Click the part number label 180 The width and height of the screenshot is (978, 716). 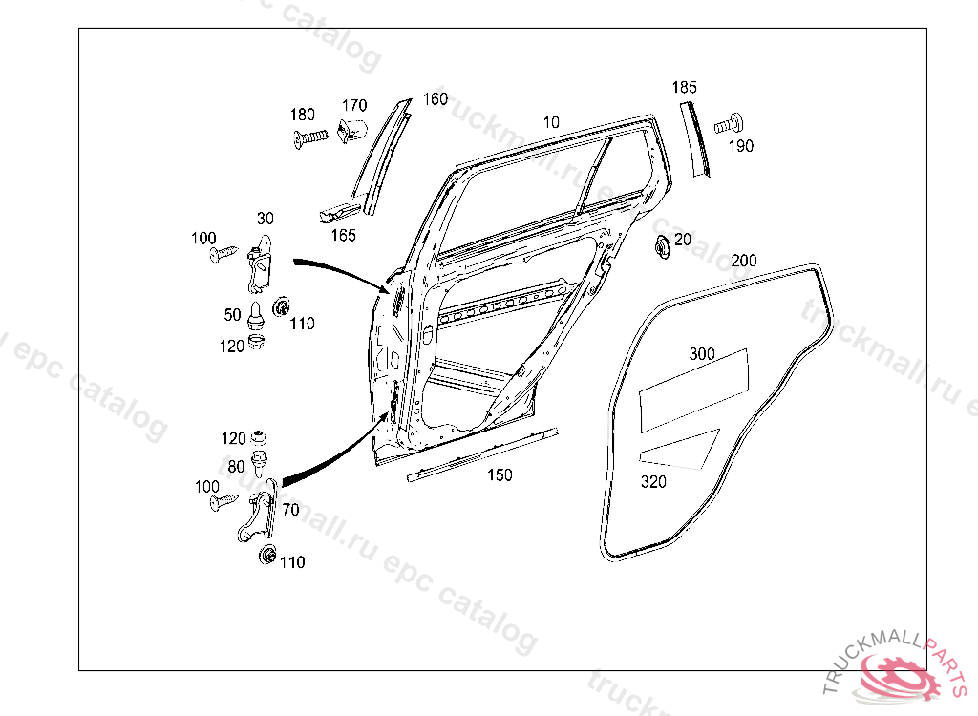(x=303, y=116)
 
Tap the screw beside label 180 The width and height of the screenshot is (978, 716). (x=311, y=139)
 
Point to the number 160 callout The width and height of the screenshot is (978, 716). (x=435, y=98)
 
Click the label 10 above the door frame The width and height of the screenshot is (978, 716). (x=551, y=122)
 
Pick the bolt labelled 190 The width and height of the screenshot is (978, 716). (x=731, y=122)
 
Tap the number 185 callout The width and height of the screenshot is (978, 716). (x=684, y=87)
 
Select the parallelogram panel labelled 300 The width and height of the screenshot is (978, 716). (x=692, y=387)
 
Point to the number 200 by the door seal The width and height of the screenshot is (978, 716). (x=744, y=261)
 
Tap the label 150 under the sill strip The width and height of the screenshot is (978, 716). (x=500, y=474)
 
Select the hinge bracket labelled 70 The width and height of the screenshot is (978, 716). (x=259, y=516)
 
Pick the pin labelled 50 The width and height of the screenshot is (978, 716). (x=256, y=314)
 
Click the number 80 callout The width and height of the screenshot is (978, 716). (x=236, y=467)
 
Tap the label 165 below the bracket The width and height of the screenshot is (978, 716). (x=343, y=234)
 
